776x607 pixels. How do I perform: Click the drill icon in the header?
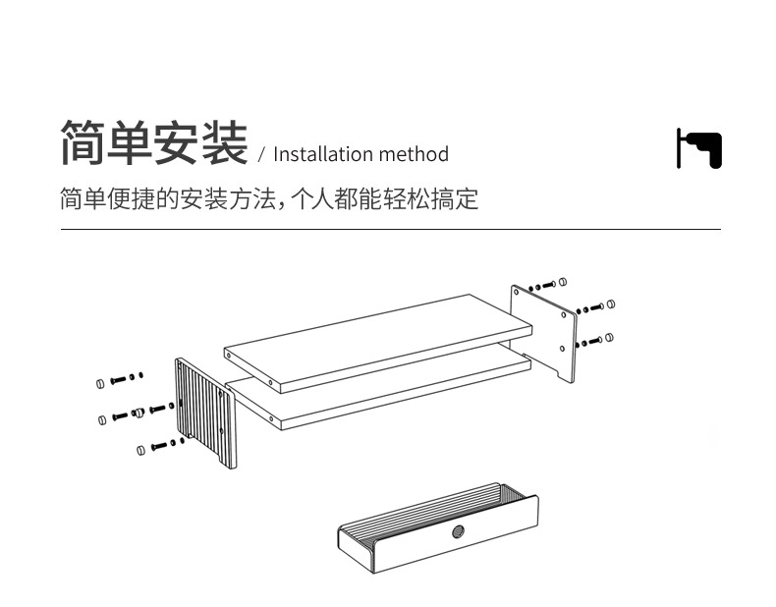(698, 148)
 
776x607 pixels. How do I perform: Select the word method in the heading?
(414, 154)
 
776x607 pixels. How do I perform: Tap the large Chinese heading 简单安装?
(153, 143)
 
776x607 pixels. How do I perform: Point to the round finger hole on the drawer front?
(457, 533)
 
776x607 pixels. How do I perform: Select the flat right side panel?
(542, 330)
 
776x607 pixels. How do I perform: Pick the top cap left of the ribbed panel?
(99, 381)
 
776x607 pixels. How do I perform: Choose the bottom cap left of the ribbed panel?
(140, 450)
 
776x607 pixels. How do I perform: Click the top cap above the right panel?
(563, 281)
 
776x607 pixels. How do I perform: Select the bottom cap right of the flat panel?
(609, 338)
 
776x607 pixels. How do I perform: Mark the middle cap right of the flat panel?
(610, 304)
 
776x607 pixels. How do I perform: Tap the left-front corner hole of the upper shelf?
(271, 380)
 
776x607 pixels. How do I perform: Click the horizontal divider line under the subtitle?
(390, 230)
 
